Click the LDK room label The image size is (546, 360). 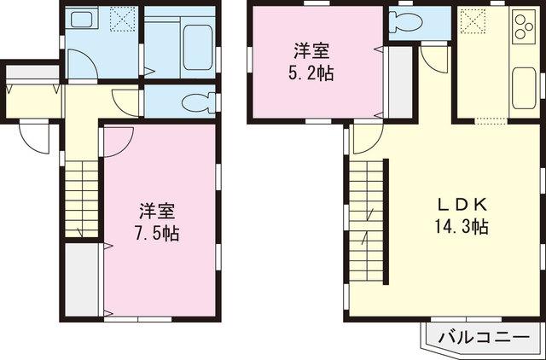tap(462, 205)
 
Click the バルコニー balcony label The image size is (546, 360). tap(481, 338)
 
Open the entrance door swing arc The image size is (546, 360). tap(35, 136)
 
